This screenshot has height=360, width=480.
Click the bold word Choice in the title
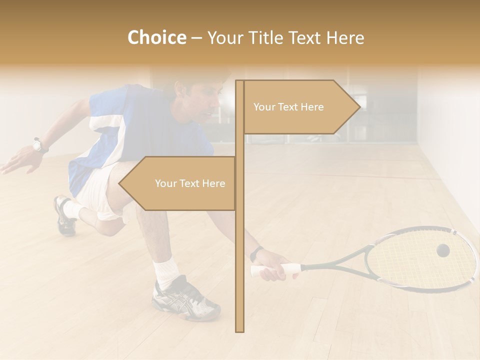[x=156, y=38]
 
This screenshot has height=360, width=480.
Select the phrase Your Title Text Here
[x=285, y=38]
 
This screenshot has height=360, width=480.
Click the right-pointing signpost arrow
[x=300, y=107]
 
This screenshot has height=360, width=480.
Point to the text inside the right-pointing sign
[x=288, y=107]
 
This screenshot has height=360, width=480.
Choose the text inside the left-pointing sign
[x=190, y=183]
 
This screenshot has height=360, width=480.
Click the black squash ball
[x=442, y=250]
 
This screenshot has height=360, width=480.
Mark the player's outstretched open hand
[x=17, y=162]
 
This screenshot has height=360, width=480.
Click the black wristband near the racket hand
[x=256, y=253]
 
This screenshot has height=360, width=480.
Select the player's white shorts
[x=97, y=190]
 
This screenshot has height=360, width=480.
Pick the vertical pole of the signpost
[x=239, y=250]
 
